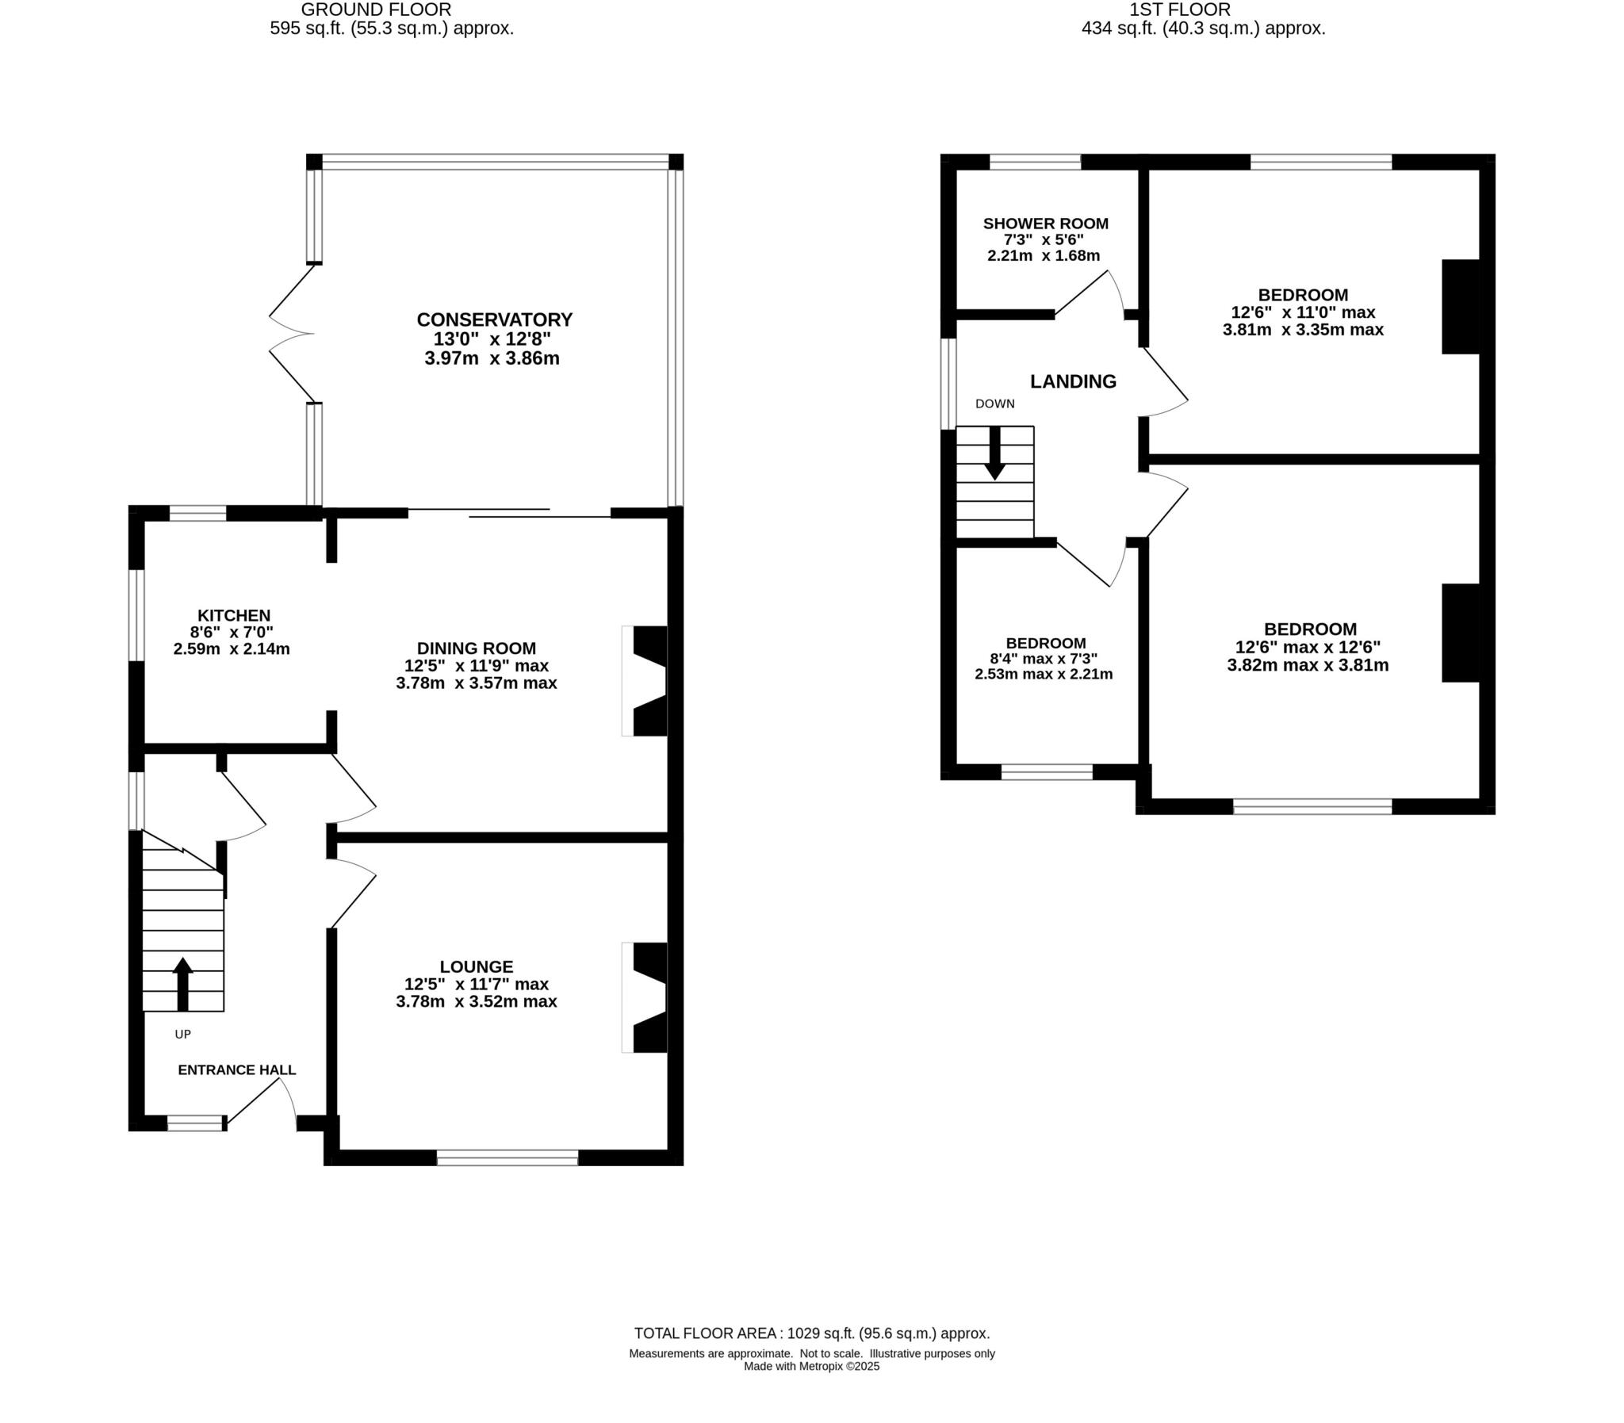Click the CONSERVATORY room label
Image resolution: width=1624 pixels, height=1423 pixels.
pos(494,319)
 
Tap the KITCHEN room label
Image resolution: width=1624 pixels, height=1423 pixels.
pos(233,615)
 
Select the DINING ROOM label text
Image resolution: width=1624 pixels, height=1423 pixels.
pos(476,648)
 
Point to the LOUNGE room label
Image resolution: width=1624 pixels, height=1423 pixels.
pos(476,966)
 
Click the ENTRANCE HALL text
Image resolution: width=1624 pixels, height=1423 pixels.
pos(236,1069)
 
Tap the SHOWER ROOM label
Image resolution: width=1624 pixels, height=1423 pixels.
pos(1045,224)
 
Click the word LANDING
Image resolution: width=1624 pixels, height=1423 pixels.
pos(1073,381)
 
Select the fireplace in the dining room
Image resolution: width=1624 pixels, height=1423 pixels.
pos(645,680)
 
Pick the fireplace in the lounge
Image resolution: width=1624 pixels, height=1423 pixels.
pos(645,997)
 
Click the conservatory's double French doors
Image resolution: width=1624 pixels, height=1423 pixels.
pos(292,334)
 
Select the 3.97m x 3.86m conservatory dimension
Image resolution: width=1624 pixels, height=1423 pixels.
pos(492,358)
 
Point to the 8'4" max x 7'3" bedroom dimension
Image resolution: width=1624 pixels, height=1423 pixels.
pos(1044,658)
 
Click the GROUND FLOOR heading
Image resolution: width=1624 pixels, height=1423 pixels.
pos(376,10)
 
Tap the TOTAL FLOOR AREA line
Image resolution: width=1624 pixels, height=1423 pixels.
pos(810,1333)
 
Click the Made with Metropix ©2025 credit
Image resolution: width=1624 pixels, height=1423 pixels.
pos(810,1366)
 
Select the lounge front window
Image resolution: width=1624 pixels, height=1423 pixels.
pos(507,1158)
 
